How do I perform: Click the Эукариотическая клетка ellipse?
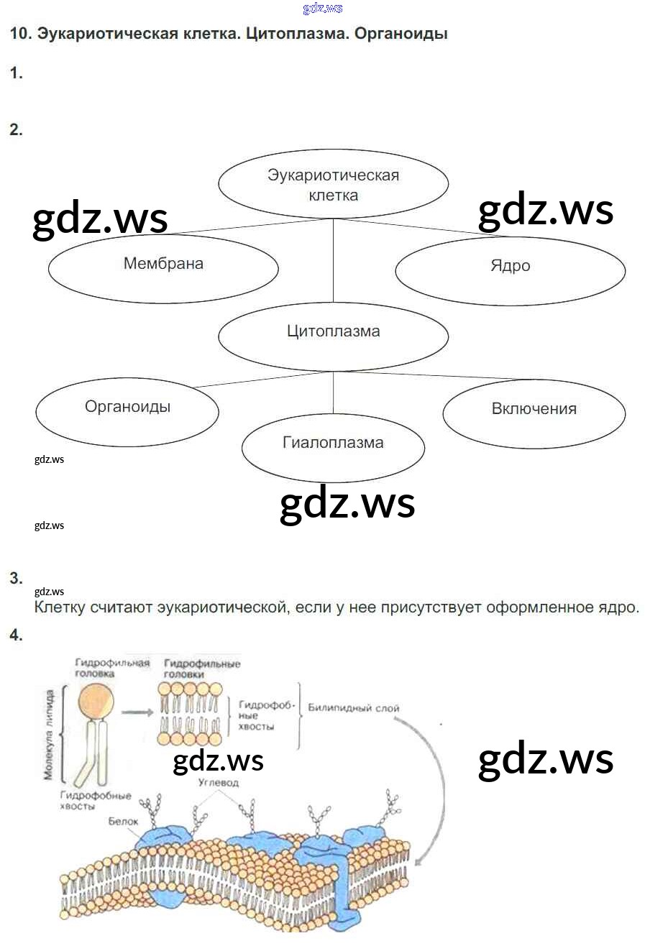coord(333,185)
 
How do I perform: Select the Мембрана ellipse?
coord(163,267)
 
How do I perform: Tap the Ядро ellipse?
coord(510,270)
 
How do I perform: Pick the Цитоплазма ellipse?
coord(333,336)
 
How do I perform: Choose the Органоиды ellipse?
coord(127,410)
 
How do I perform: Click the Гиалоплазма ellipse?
coord(333,447)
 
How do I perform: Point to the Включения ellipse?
coord(534,413)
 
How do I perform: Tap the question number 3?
coord(16,578)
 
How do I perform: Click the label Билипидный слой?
coord(353,707)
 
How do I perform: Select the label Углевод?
coord(219,782)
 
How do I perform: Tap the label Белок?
coord(124,820)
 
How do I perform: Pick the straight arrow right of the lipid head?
coord(138,713)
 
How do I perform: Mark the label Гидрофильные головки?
coord(201,669)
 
